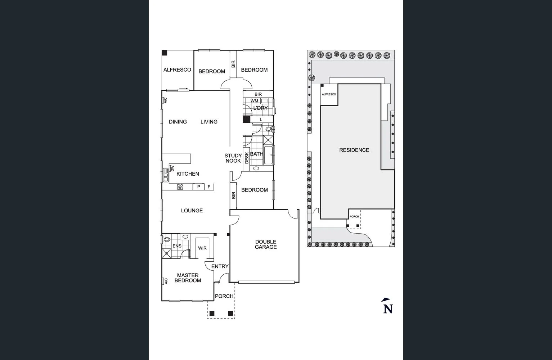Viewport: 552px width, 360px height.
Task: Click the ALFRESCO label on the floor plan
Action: [177, 70]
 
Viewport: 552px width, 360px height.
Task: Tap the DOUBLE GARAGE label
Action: [266, 244]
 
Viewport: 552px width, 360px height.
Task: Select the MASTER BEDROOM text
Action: [188, 278]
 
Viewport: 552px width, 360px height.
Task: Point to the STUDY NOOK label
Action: [233, 158]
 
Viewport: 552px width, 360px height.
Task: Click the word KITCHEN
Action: [188, 174]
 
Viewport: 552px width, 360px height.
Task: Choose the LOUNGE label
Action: [192, 211]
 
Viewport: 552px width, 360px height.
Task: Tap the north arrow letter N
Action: [388, 309]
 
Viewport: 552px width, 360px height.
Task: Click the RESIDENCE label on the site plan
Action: [354, 150]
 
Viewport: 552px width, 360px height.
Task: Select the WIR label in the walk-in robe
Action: [202, 248]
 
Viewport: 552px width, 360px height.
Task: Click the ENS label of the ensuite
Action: [177, 246]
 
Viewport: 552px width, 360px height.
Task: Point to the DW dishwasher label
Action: [172, 168]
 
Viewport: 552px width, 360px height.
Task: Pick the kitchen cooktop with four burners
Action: [180, 186]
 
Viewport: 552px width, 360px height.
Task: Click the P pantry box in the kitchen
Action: [198, 187]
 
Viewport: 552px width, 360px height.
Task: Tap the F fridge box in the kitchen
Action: [209, 187]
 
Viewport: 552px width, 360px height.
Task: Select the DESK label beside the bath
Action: [247, 158]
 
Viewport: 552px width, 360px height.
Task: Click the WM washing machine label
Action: [254, 101]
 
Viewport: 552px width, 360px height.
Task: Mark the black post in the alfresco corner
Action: [164, 53]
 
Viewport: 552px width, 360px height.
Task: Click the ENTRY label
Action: [220, 266]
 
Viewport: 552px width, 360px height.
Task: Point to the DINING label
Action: [178, 122]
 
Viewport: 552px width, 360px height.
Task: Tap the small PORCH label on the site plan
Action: [354, 217]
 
